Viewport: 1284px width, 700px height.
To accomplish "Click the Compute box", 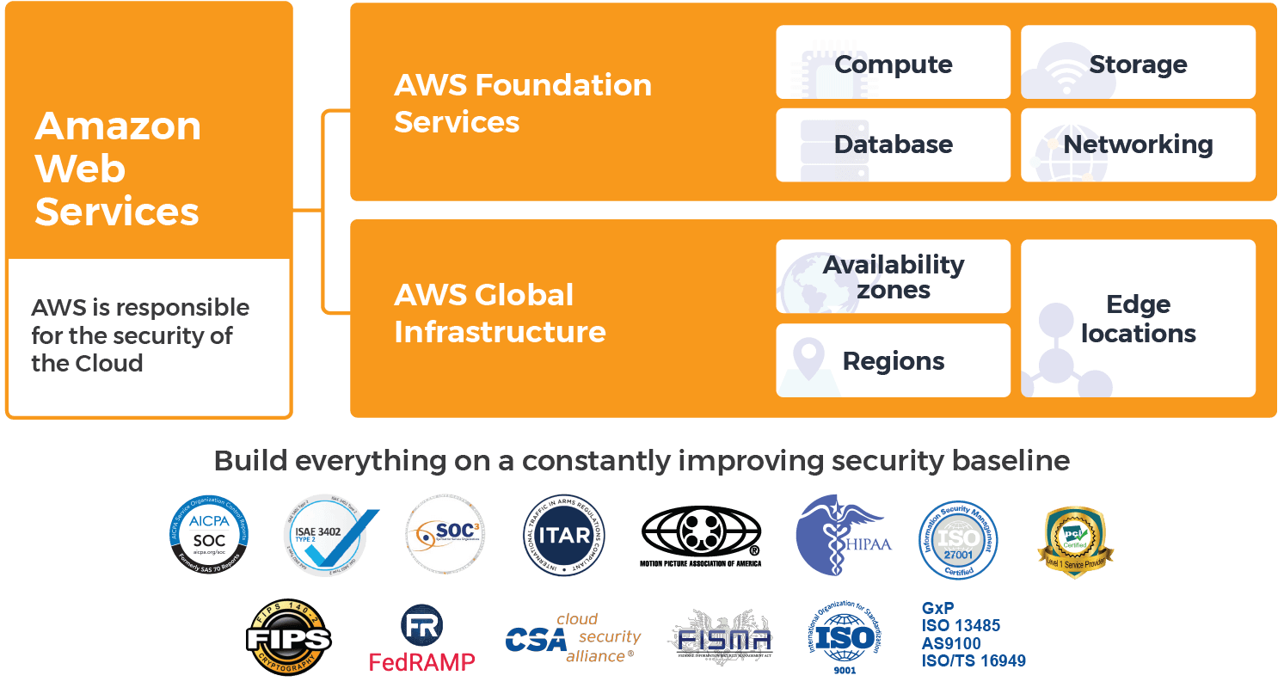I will [x=893, y=63].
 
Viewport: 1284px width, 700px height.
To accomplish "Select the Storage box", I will [x=1138, y=63].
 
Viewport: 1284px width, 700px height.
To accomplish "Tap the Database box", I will [x=893, y=144].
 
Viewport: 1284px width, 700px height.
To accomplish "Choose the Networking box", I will [x=1138, y=144].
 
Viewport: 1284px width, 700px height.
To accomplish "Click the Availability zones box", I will [x=893, y=276].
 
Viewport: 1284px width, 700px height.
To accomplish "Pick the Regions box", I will [x=893, y=360].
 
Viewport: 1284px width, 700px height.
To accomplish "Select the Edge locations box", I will [x=1138, y=318].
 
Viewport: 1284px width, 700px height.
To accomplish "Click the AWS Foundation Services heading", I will [x=522, y=103].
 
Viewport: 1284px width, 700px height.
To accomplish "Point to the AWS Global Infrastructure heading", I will [x=500, y=313].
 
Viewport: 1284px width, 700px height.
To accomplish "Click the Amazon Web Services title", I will [x=118, y=169].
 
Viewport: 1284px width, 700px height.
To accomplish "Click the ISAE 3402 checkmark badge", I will [x=329, y=536].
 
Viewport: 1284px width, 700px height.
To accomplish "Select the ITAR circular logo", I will [x=564, y=536].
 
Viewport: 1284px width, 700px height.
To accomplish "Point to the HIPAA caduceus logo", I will [x=843, y=536].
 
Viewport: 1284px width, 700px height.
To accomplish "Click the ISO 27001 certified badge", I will [x=958, y=540].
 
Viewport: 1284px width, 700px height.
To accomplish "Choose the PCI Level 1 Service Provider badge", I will [x=1075, y=540].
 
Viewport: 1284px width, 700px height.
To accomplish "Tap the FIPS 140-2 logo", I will [x=289, y=639].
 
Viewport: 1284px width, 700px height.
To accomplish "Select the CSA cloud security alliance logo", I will [x=574, y=639].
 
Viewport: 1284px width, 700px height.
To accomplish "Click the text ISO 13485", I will [x=961, y=625].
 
